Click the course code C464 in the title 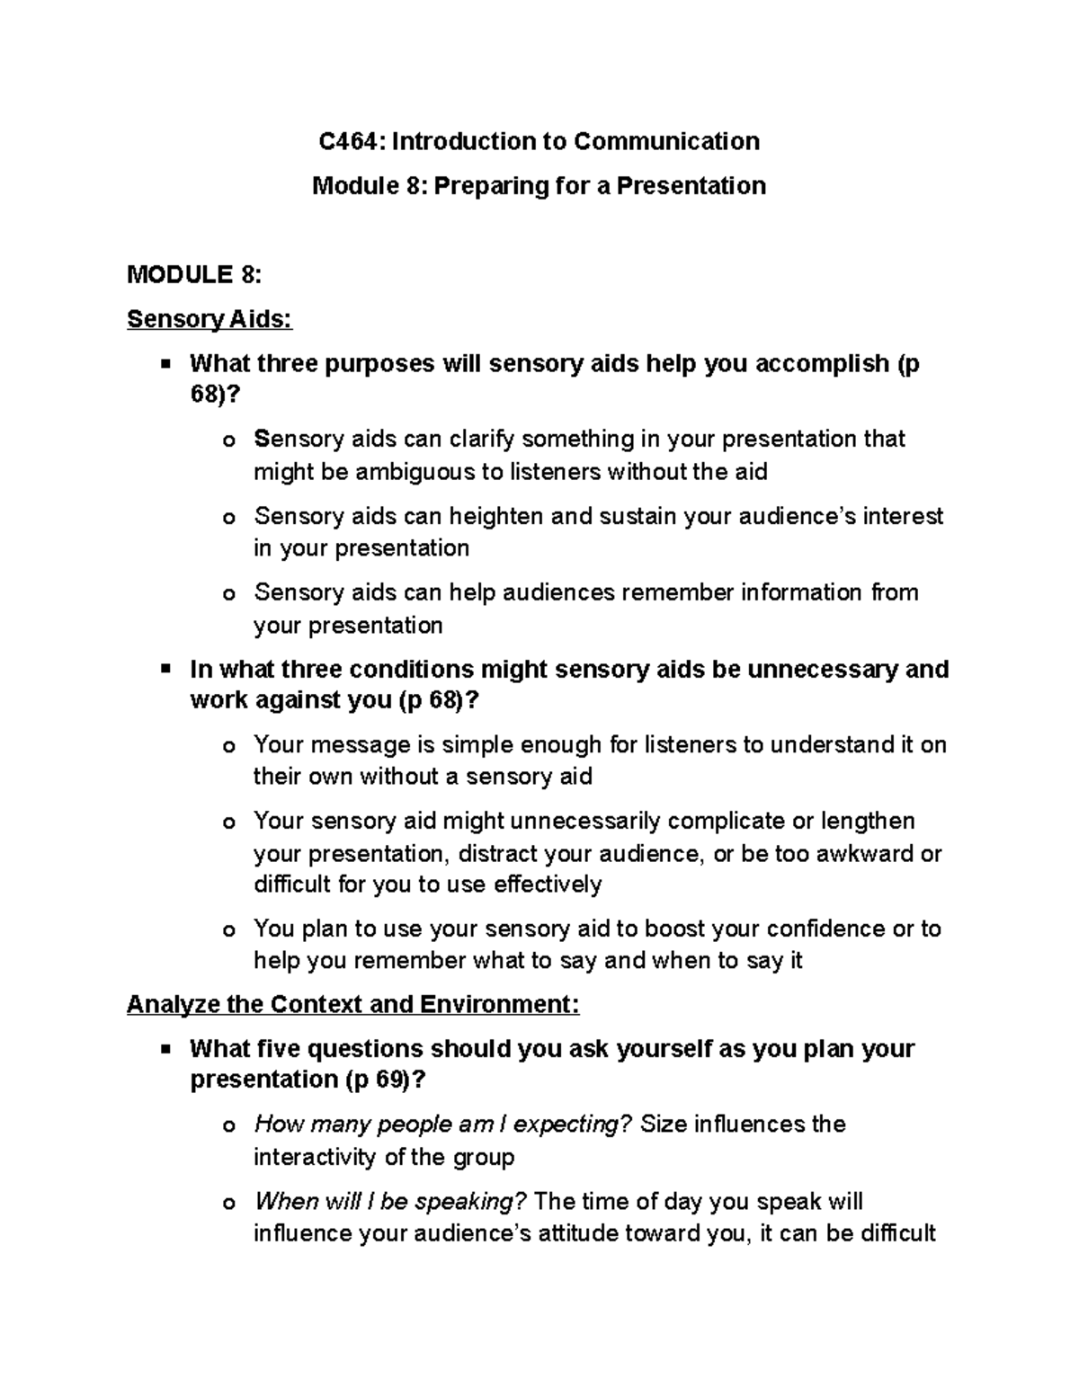click(351, 141)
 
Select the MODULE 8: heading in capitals click(194, 274)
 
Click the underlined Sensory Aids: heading click(210, 319)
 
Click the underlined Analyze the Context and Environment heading click(353, 1004)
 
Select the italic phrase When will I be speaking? click(390, 1202)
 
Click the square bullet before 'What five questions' click(165, 1048)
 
